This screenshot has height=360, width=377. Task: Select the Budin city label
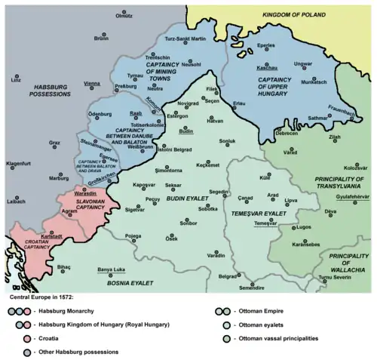pyautogui.click(x=186, y=130)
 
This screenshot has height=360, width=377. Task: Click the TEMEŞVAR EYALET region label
pyautogui.click(x=256, y=215)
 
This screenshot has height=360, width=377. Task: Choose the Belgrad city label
pyautogui.click(x=227, y=276)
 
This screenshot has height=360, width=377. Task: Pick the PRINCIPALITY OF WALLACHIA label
pyautogui.click(x=348, y=263)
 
